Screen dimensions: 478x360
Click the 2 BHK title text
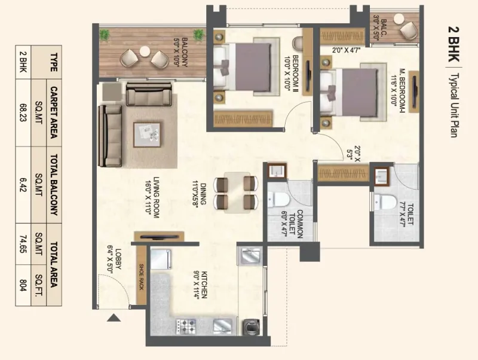click(x=454, y=44)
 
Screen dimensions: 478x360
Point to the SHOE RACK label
click(x=141, y=277)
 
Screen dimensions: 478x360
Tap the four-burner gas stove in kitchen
click(x=186, y=326)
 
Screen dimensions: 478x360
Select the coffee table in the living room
click(x=147, y=135)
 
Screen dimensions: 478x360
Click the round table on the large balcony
click(x=145, y=51)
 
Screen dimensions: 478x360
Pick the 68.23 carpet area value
click(x=23, y=112)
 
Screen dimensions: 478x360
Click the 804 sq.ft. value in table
click(x=23, y=285)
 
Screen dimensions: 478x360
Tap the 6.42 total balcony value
click(x=23, y=185)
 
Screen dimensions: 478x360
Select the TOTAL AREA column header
click(x=54, y=264)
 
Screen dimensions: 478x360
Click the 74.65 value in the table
click(x=23, y=243)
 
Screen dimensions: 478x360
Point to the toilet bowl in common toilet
click(x=278, y=200)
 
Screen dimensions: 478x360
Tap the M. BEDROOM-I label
click(x=398, y=87)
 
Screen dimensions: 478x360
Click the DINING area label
click(x=199, y=194)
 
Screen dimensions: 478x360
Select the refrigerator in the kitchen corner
click(x=161, y=260)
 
